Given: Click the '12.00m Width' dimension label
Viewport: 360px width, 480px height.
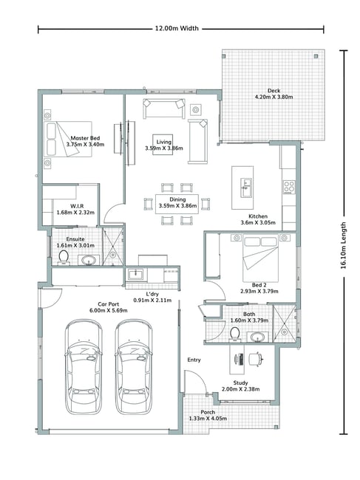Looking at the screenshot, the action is point(177,29).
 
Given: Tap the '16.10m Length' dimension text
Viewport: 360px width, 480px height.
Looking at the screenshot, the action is point(344,245).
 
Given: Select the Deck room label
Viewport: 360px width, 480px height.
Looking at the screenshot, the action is point(274,91).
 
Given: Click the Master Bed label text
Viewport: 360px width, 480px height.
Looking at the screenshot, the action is point(85,138).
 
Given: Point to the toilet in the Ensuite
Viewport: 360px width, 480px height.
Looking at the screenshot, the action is point(64,258).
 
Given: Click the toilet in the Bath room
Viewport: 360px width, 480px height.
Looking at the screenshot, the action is point(235,334).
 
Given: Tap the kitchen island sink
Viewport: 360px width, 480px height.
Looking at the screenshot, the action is point(245,188).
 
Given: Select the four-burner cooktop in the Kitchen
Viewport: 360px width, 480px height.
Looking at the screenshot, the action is point(289,187).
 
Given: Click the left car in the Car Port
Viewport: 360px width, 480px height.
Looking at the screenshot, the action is point(84,367).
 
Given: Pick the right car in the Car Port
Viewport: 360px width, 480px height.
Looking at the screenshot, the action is point(134,367).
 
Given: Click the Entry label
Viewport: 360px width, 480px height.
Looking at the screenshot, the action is point(194,360).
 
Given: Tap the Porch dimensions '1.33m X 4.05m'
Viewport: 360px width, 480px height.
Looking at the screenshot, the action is point(208,419).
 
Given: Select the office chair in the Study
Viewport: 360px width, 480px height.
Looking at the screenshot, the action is point(255,359).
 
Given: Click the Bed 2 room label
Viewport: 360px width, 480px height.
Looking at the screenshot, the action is point(259,285).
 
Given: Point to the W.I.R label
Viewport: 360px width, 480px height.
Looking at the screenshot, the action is point(77,206).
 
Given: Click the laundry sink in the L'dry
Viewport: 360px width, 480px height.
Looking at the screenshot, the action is point(135,274).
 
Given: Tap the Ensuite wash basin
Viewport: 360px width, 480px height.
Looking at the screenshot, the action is point(89,261).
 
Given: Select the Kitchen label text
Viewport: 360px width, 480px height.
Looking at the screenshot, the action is point(258,216).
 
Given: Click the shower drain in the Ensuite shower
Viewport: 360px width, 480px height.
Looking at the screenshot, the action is point(113,254).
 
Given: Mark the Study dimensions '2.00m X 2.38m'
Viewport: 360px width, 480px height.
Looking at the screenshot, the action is point(240,389).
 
